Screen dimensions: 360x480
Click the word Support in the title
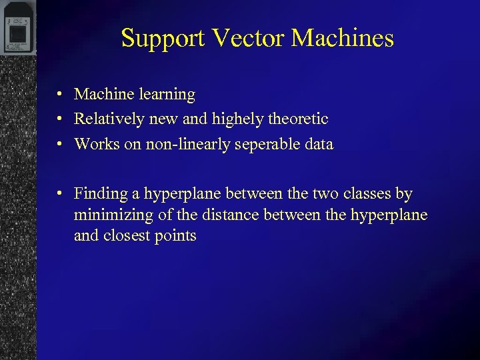(x=163, y=39)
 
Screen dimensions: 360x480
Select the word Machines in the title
(x=343, y=38)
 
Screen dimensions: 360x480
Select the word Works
(x=95, y=144)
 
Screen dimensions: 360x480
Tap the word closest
(x=126, y=236)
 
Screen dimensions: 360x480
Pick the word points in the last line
(x=175, y=236)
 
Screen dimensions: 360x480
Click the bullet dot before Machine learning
(x=60, y=95)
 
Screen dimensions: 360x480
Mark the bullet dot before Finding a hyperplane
(x=60, y=194)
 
